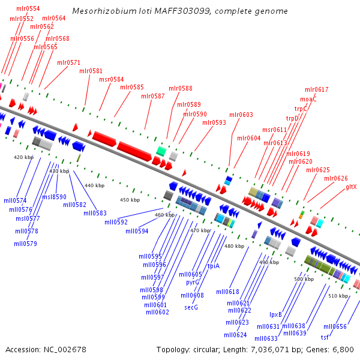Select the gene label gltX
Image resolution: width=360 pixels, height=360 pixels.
[351, 187]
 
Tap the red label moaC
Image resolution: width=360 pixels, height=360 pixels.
[308, 99]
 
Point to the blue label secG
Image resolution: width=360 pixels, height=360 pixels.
[191, 307]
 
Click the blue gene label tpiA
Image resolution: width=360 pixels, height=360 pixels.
[214, 266]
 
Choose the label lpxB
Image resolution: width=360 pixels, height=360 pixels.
[275, 314]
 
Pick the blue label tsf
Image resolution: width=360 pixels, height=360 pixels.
[325, 337]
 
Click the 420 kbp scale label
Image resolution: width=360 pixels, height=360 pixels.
[23, 157]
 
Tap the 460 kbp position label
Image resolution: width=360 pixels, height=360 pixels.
[164, 215]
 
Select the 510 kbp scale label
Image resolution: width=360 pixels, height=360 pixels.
[338, 296]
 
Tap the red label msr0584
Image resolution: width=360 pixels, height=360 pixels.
[112, 79]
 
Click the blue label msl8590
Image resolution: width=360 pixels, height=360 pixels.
[54, 197]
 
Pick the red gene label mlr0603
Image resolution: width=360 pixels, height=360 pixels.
[241, 115]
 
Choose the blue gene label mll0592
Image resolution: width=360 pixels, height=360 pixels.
[116, 222]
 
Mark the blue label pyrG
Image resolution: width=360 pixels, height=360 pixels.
[193, 281]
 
